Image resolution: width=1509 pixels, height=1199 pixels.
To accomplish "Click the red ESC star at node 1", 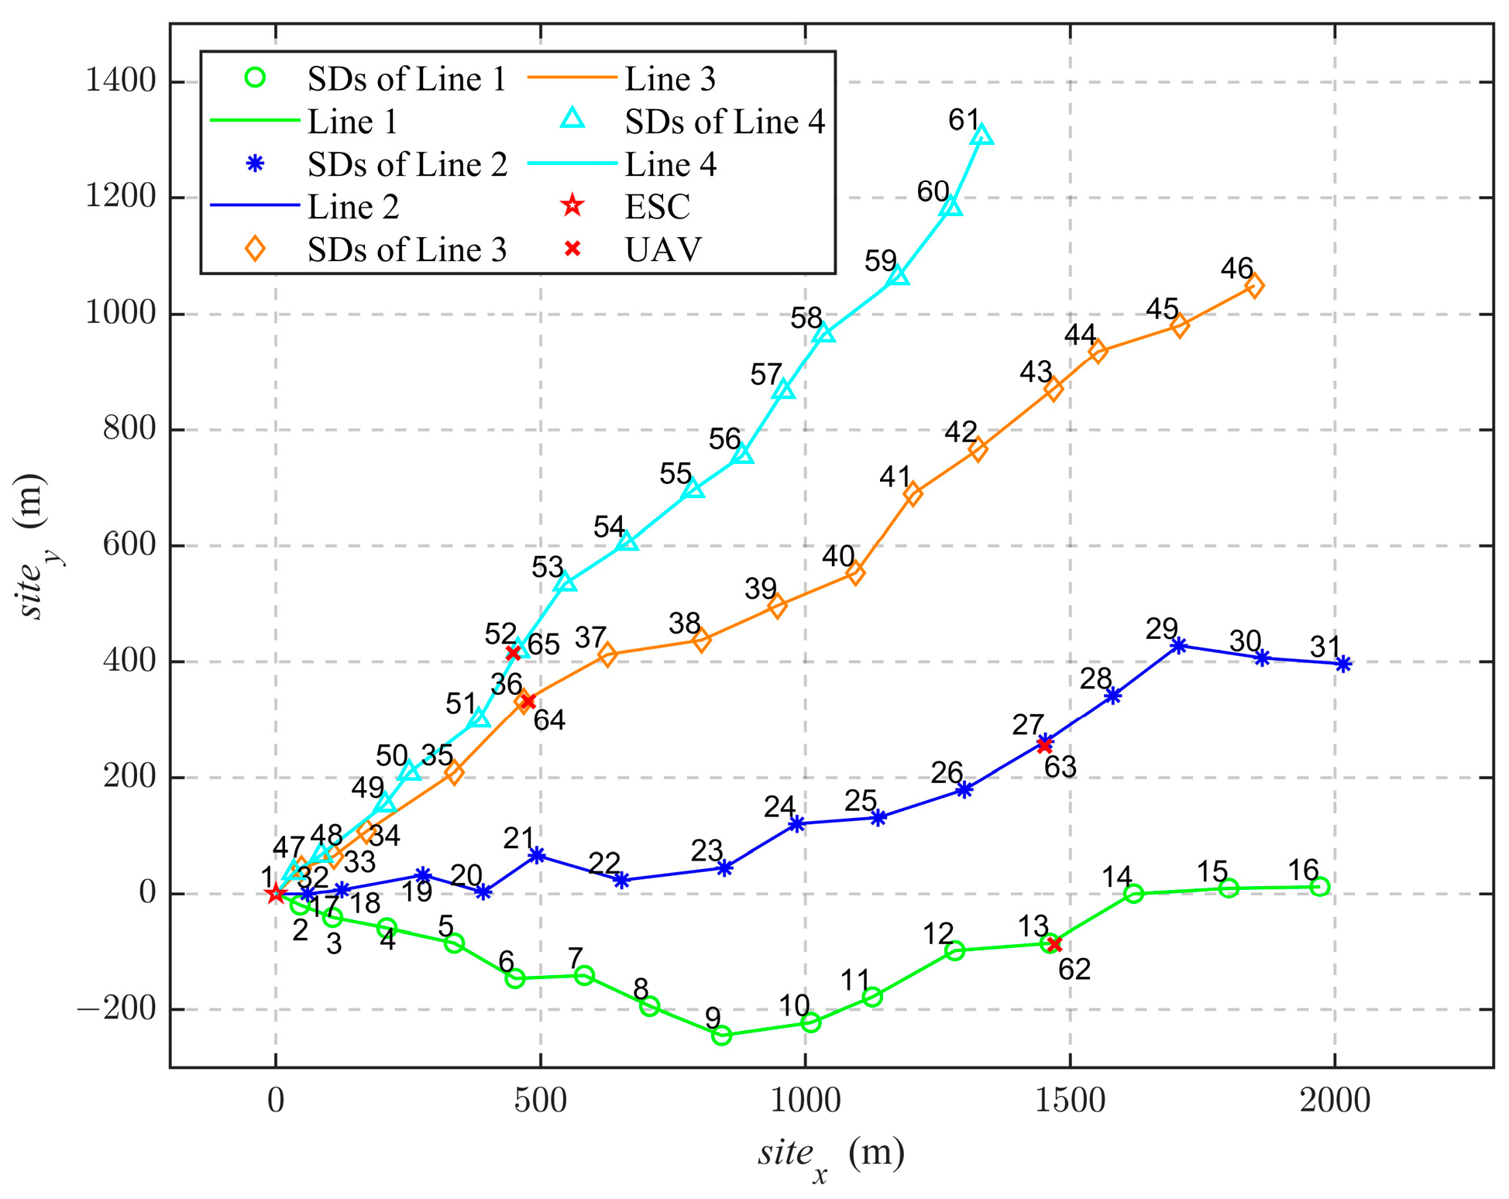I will click(x=275, y=894).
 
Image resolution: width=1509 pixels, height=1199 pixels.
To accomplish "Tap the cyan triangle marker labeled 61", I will click(x=981, y=136).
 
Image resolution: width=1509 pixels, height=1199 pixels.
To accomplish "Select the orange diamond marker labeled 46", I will click(x=1254, y=286).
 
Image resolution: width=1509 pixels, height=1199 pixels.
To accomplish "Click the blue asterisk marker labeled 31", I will click(x=1344, y=664).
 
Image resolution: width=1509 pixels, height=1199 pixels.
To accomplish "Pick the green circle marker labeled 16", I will click(x=1320, y=887).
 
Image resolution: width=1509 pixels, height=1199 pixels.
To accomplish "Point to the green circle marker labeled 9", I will click(x=721, y=1035).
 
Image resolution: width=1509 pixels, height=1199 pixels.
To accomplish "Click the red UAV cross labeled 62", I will click(x=1054, y=943).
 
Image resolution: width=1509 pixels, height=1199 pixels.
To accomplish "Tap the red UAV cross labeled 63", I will click(x=1044, y=744).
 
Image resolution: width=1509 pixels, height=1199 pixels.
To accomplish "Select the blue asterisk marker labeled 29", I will click(x=1178, y=645).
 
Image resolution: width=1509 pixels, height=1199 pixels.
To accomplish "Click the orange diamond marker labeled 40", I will click(x=855, y=573).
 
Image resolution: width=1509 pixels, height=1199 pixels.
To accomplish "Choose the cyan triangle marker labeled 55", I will click(x=694, y=490).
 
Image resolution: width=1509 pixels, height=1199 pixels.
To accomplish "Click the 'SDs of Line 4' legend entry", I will click(x=724, y=122).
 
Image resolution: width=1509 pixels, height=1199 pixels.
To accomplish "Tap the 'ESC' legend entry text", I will click(x=657, y=207).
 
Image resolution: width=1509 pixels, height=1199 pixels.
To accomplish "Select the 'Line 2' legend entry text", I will click(x=353, y=207).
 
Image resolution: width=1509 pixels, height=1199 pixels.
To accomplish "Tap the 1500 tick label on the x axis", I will click(x=1071, y=1101).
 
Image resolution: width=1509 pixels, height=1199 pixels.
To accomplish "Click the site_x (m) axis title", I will click(x=830, y=1155).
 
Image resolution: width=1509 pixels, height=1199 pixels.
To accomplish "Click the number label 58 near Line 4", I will click(x=806, y=318).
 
